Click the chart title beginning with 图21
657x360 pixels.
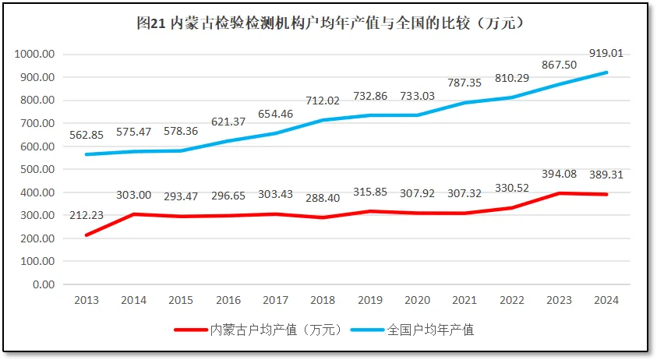pos(329,24)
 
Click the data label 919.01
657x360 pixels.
pos(607,54)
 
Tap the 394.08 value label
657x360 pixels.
pos(560,174)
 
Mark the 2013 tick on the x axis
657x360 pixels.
pos(87,299)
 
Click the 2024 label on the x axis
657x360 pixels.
pos(607,299)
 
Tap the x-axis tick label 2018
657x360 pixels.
pos(323,299)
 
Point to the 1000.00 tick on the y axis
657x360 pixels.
pos(34,55)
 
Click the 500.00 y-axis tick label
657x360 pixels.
pos(36,169)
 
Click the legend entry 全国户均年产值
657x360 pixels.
pos(430,330)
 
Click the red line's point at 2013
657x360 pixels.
pos(87,235)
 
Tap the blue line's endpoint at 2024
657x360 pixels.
pos(607,72)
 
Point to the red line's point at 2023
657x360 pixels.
pos(560,193)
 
